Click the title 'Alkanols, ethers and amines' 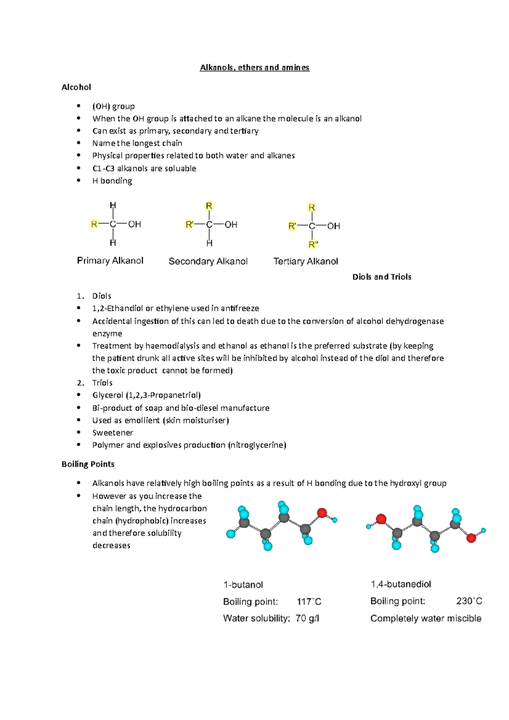[x=255, y=67]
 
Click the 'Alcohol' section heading [x=76, y=87]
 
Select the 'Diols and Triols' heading [x=382, y=277]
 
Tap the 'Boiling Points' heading [x=88, y=464]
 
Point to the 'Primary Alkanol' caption [x=110, y=260]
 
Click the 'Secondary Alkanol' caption [x=208, y=261]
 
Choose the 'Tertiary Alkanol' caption [x=306, y=261]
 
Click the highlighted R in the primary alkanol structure [x=94, y=224]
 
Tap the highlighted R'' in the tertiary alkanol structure [x=313, y=244]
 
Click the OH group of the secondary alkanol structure [x=231, y=224]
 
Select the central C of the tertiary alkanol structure [x=312, y=226]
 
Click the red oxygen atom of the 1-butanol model [x=322, y=513]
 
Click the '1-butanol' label [x=243, y=585]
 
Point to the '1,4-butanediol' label [x=401, y=584]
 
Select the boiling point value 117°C [x=309, y=602]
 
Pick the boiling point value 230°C [x=469, y=601]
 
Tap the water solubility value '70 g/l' [x=307, y=618]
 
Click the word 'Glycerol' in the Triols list [x=108, y=395]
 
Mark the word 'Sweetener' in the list [x=113, y=433]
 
